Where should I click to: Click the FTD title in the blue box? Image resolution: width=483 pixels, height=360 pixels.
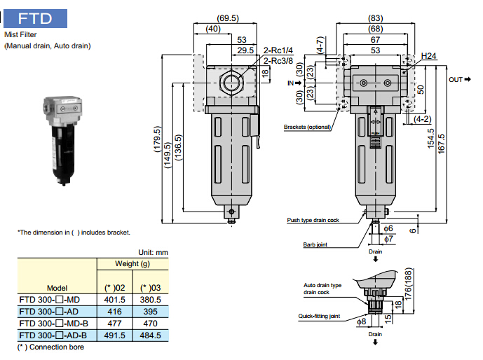coord(35,17)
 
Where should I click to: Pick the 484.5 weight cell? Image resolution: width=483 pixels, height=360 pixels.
coord(149,335)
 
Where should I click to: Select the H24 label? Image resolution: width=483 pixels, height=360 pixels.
coord(429,55)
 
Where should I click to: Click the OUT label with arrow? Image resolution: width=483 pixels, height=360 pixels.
coord(461,80)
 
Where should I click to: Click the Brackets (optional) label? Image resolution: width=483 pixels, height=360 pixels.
coord(306,127)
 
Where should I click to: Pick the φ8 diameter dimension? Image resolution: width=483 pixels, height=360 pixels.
coord(360,321)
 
